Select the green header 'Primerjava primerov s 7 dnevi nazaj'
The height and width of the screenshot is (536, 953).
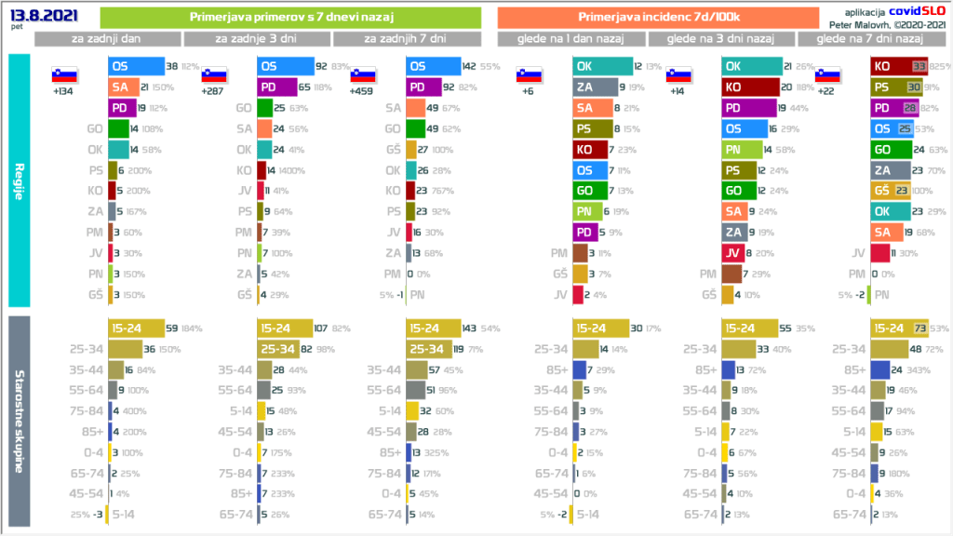[289, 18]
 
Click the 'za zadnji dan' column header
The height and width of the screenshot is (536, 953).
[108, 39]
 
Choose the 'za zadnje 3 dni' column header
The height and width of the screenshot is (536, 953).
[257, 39]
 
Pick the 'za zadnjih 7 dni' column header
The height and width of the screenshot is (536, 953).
[406, 39]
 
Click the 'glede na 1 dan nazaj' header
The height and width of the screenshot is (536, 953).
[571, 39]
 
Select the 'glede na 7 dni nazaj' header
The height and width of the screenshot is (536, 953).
[870, 39]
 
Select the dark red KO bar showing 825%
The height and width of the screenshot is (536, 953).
[898, 67]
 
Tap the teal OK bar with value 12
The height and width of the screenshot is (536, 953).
[601, 67]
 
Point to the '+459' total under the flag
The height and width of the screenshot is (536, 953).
[362, 92]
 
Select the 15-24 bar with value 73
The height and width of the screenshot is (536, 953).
[898, 328]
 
